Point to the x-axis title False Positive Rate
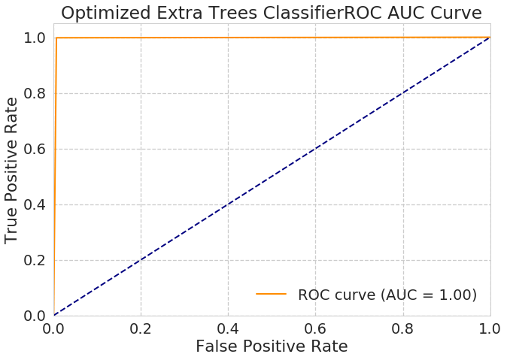click(x=272, y=346)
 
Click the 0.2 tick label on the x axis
click(x=141, y=328)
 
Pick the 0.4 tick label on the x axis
click(x=228, y=328)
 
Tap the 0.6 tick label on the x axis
click(x=315, y=328)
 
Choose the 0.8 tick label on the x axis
click(x=403, y=328)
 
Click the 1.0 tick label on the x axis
click(x=490, y=328)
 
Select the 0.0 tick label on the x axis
click(x=54, y=328)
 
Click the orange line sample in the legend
click(x=271, y=295)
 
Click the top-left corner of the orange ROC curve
click(x=56, y=38)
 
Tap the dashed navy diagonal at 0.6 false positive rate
click(x=316, y=149)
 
